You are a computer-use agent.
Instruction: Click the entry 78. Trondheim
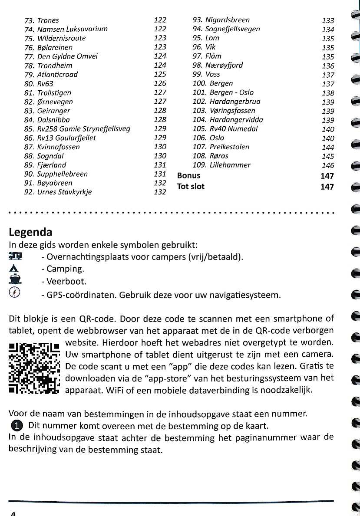pyautogui.click(x=49, y=66)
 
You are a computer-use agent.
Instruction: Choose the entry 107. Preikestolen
pyautogui.click(x=221, y=147)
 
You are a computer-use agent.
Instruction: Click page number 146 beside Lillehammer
pyautogui.click(x=328, y=165)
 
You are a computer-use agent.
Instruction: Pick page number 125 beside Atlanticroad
pyautogui.click(x=160, y=74)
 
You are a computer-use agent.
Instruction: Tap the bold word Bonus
pyautogui.click(x=189, y=176)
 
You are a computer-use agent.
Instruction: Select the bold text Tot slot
pyautogui.click(x=191, y=187)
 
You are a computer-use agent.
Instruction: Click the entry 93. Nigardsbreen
pyautogui.click(x=221, y=20)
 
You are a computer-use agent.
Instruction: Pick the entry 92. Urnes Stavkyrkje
pyautogui.click(x=58, y=192)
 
